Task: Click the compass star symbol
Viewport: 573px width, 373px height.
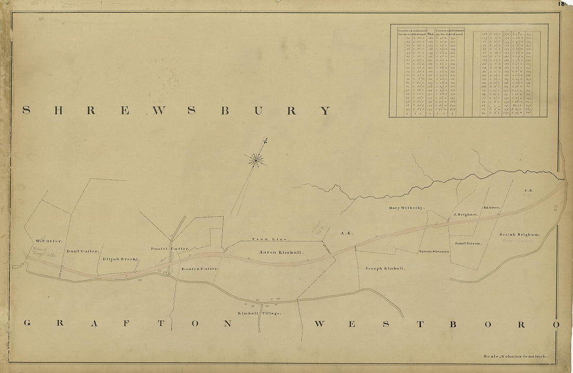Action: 256,160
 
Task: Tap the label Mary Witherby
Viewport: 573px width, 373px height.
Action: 406,208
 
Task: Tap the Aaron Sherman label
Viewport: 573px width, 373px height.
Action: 433,251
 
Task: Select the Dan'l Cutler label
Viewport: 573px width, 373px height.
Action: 83,251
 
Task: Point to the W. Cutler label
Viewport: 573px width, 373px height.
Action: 49,241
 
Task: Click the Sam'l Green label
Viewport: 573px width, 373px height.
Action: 468,243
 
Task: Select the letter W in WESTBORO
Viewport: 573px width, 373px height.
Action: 321,324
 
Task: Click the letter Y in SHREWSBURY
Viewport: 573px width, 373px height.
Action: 325,110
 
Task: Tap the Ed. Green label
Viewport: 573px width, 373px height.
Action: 491,208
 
